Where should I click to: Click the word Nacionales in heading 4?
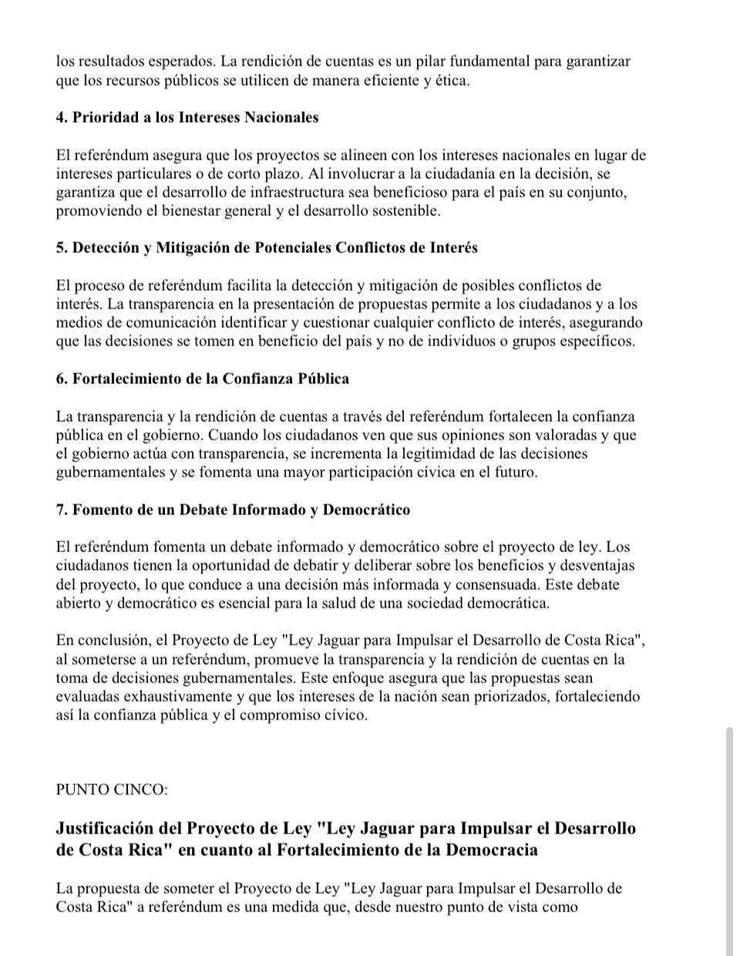280,118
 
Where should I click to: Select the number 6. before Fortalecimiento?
62,379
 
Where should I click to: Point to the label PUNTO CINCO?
112,790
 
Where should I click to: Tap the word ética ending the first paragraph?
452,80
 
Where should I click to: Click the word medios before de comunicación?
77,323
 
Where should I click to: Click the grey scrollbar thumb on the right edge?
730,840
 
